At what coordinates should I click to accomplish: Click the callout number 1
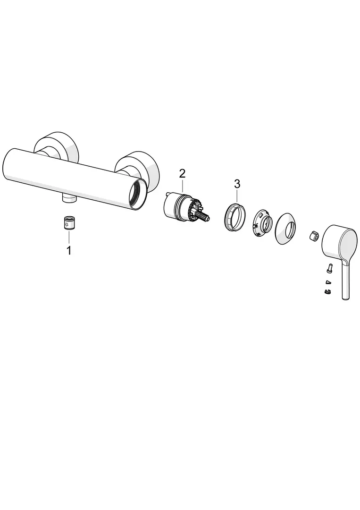[68, 250]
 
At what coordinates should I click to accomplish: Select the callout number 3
[237, 184]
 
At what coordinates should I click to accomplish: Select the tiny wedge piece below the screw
[328, 281]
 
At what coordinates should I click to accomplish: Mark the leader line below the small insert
[68, 237]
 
